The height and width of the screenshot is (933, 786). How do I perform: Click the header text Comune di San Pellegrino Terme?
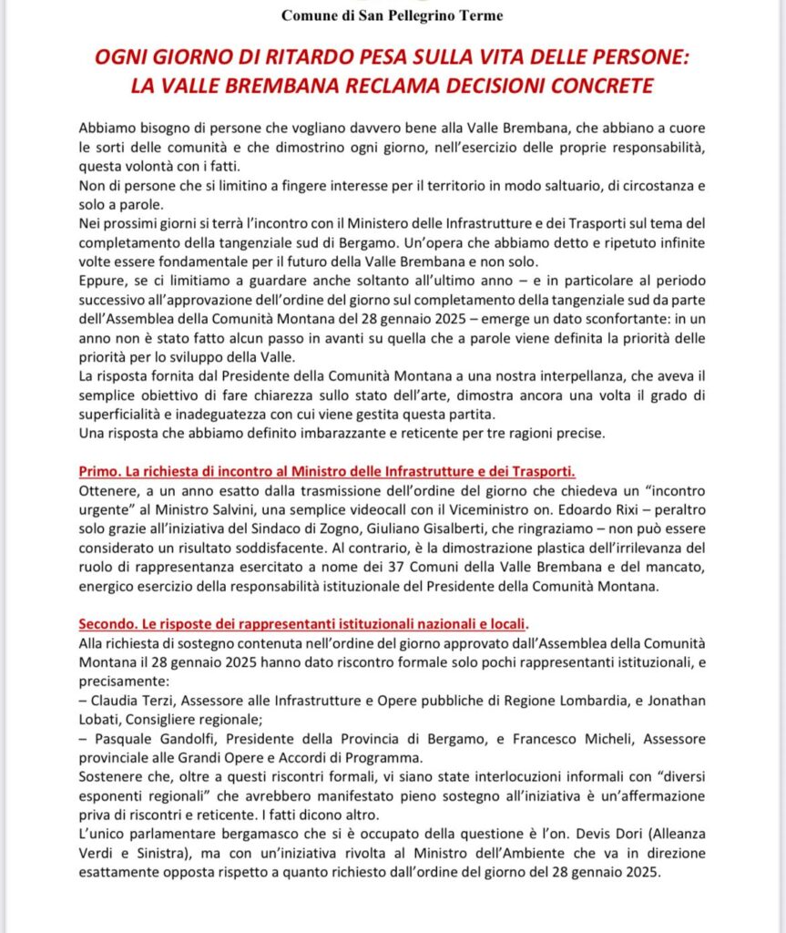392,15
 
